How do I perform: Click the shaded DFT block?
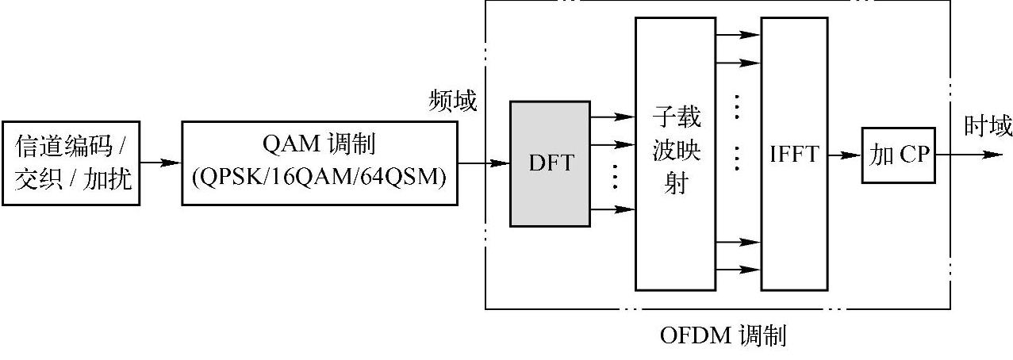coord(550,163)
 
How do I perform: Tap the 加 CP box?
coord(898,155)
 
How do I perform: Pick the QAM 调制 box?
coord(319,163)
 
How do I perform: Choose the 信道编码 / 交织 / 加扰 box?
coord(71,163)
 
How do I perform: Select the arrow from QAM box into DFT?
coord(484,163)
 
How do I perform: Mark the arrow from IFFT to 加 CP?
coord(845,155)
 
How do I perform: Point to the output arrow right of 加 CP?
coord(968,155)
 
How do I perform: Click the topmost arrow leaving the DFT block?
coord(612,117)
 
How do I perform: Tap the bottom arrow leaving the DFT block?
coord(612,209)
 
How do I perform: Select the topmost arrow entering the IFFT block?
coord(738,35)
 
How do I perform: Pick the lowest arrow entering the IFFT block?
coord(738,270)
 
